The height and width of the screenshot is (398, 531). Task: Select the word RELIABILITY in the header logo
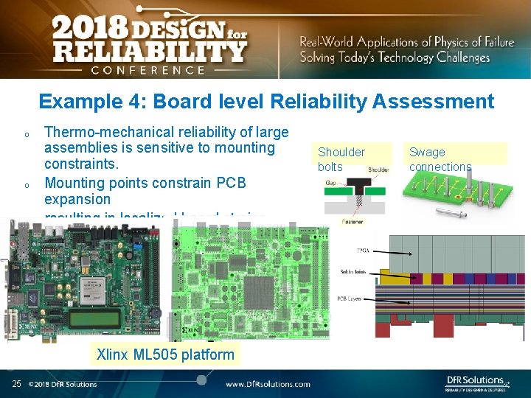(x=147, y=52)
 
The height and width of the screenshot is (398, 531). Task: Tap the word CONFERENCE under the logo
(x=147, y=70)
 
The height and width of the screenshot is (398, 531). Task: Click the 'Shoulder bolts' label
(x=341, y=159)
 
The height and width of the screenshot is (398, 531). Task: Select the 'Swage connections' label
(x=440, y=159)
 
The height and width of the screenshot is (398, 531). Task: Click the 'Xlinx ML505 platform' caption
(x=165, y=355)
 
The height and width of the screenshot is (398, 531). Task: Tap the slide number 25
(x=16, y=383)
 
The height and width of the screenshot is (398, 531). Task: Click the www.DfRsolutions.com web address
(x=268, y=384)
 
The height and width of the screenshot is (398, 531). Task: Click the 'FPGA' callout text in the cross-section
(x=362, y=251)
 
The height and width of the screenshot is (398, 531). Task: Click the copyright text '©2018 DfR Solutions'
(x=63, y=384)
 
